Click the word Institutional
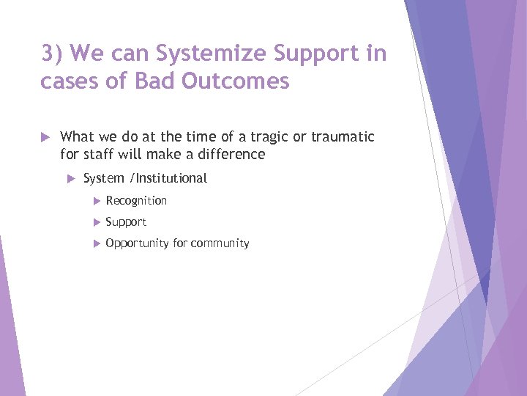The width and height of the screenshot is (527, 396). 171,178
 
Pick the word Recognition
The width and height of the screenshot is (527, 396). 136,200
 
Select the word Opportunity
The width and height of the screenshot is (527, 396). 138,243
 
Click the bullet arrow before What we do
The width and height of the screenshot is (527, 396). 46,136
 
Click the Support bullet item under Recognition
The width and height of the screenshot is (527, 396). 126,222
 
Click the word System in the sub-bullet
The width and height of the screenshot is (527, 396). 103,178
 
